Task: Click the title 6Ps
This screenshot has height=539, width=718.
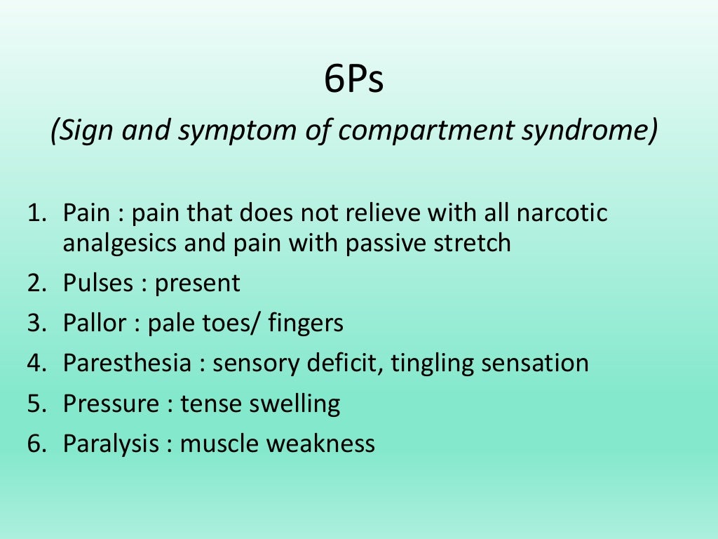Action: click(354, 81)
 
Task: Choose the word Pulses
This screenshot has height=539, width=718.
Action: click(97, 283)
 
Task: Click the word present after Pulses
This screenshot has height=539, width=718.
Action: click(198, 283)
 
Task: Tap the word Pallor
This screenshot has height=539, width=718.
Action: click(95, 323)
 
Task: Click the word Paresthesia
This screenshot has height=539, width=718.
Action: click(126, 363)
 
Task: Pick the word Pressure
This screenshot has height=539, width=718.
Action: click(111, 404)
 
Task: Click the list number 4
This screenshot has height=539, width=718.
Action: click(36, 363)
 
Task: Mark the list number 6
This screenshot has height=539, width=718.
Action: click(36, 444)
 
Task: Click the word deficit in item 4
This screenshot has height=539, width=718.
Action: click(348, 363)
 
